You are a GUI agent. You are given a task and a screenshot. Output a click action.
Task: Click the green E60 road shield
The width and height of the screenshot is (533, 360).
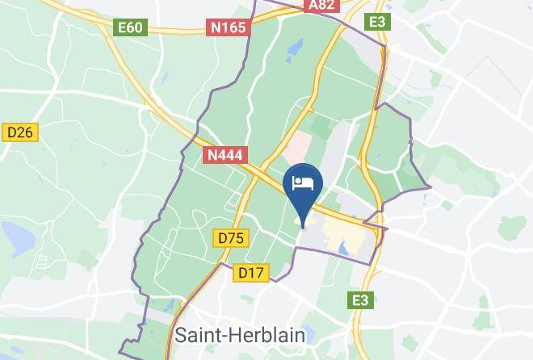coord(130,27)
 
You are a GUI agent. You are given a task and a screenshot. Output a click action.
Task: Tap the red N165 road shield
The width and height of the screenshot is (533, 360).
coord(229,27)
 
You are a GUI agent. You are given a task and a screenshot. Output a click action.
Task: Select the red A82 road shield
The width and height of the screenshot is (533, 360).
coord(322,5)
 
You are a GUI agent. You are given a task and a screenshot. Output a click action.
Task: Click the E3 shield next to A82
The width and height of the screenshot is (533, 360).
coord(377,22)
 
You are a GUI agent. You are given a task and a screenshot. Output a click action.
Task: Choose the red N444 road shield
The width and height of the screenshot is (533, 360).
coord(225,155)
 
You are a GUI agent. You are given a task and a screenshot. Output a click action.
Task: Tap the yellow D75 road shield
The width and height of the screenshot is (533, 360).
coord(231,237)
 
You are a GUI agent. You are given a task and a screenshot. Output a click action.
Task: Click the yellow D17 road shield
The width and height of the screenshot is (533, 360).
coord(251,273)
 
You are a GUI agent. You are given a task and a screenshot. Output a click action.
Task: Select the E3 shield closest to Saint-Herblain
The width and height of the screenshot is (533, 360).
coord(360,300)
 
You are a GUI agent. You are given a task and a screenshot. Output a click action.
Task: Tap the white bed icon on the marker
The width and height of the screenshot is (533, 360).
coord(304,182)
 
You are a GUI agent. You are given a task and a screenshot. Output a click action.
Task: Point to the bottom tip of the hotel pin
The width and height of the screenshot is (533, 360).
coord(304,227)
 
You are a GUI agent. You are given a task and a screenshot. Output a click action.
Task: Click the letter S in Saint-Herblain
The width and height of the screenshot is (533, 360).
coord(180,335)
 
